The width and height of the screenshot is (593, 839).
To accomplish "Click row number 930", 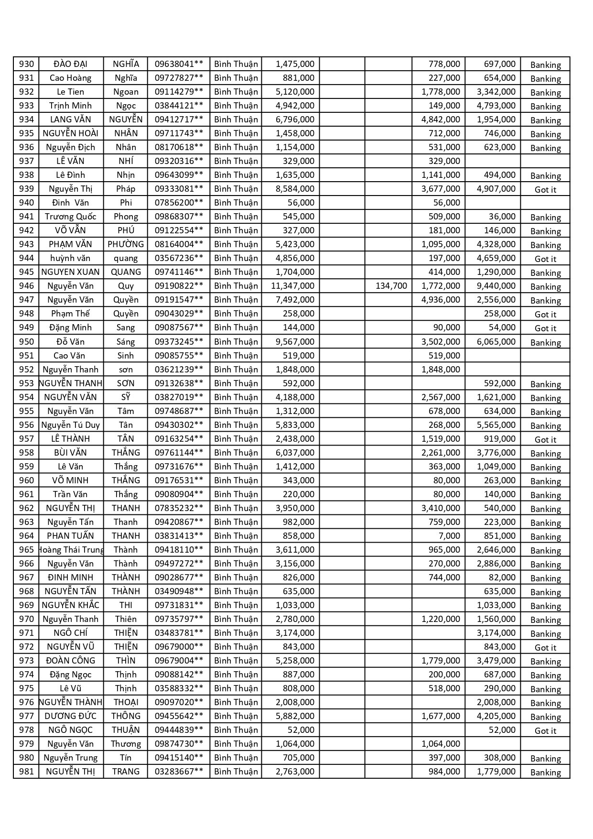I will point(26,64).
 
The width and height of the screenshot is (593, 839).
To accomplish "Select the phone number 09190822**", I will point(179,286).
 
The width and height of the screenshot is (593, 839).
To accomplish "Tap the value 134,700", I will point(391,286).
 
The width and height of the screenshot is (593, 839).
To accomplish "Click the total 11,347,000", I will point(292,286).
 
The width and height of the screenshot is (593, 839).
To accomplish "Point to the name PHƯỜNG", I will point(126,244).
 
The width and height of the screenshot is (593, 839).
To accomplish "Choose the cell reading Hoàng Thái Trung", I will point(71,550).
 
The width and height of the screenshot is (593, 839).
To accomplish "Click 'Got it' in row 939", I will point(545,189).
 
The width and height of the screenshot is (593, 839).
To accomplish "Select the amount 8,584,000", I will point(295,189).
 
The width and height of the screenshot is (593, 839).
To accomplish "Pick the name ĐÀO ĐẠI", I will point(71,64).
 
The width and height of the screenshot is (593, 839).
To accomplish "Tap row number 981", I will point(26,772).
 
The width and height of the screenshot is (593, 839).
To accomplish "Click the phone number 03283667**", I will point(179,772).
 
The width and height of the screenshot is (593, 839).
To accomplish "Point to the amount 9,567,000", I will point(295,342).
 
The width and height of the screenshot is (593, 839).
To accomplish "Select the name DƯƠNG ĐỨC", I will point(71,716).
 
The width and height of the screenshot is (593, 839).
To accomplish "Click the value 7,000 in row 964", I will point(449,536).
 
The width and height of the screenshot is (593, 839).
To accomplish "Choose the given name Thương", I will point(126,744).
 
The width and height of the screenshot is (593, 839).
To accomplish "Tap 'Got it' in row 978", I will point(545,730).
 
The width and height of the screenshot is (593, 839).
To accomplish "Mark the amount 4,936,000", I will point(441,300).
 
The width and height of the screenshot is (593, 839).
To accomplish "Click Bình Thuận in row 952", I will point(236,370).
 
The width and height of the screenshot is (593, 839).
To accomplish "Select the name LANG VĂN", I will point(71,120).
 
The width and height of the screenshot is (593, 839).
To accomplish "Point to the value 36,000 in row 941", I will point(502,217).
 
